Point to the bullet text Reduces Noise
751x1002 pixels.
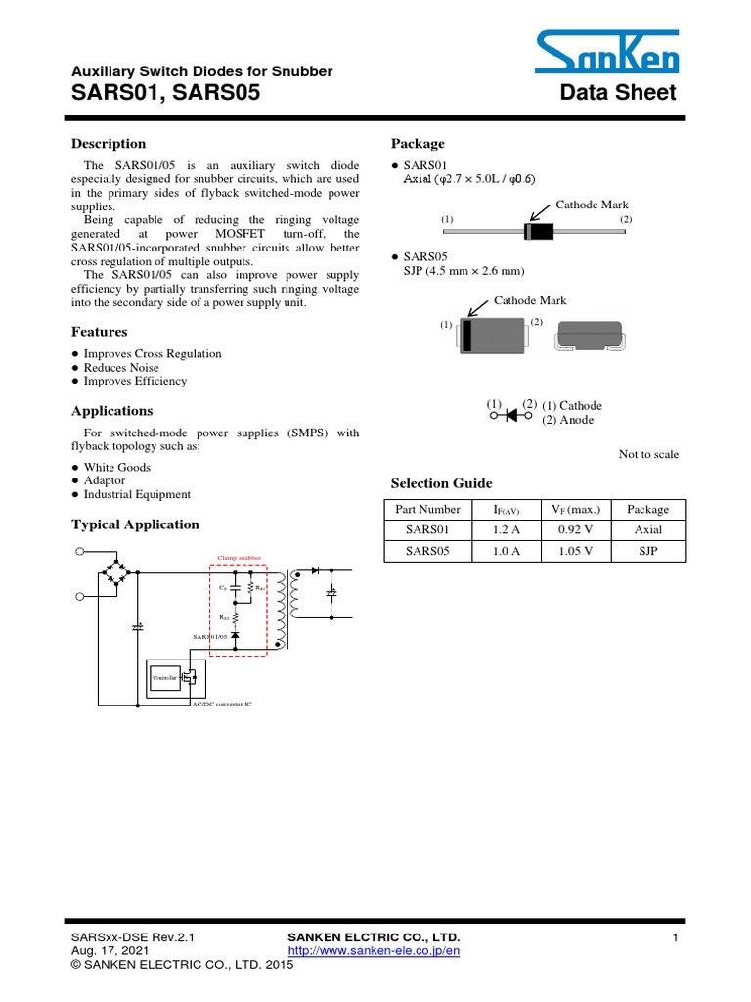click(121, 368)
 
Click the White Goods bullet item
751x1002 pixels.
click(117, 468)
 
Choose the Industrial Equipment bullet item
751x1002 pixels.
click(137, 495)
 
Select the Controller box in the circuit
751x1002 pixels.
click(162, 677)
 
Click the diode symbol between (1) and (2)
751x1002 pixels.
click(509, 415)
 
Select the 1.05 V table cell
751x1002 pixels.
click(576, 551)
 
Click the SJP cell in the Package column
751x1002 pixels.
click(648, 551)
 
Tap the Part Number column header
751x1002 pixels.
click(427, 510)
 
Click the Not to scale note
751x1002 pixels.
click(648, 454)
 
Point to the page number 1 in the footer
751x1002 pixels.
click(675, 938)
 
